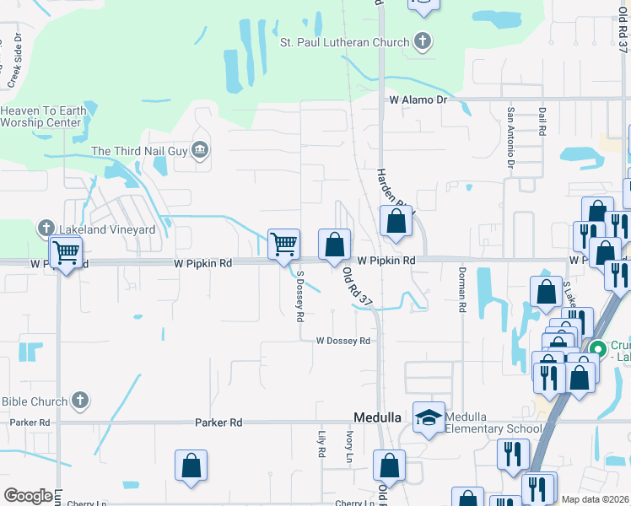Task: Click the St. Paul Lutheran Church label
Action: pos(344,41)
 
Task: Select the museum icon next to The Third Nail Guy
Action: pos(200,151)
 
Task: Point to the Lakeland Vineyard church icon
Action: pos(46,229)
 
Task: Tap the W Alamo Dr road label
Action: pos(417,100)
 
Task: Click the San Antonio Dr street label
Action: pos(510,137)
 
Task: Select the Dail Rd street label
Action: pos(540,122)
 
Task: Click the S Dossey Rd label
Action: pos(299,297)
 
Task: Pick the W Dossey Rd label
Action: pos(343,341)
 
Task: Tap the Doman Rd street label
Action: pos(461,290)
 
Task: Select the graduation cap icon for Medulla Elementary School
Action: pos(429,417)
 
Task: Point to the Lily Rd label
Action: pos(321,444)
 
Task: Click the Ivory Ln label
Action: pos(348,444)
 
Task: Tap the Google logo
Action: pos(28,495)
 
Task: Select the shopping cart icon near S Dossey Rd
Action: pos(283,245)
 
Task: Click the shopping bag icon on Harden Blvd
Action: pos(395,223)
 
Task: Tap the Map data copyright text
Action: pos(595,498)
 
